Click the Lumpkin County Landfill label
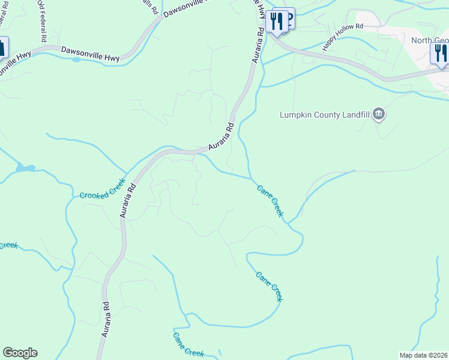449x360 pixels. click(325, 115)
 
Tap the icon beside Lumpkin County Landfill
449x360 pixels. click(378, 114)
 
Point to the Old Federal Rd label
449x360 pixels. click(42, 20)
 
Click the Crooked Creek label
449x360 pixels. click(103, 188)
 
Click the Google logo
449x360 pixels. click(20, 353)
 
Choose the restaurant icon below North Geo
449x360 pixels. click(440, 53)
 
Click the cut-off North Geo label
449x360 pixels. click(430, 41)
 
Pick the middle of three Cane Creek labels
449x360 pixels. click(269, 286)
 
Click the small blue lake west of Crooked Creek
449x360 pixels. click(25, 168)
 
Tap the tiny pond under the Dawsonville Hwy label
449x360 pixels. click(76, 59)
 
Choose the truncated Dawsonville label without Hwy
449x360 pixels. click(185, 10)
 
